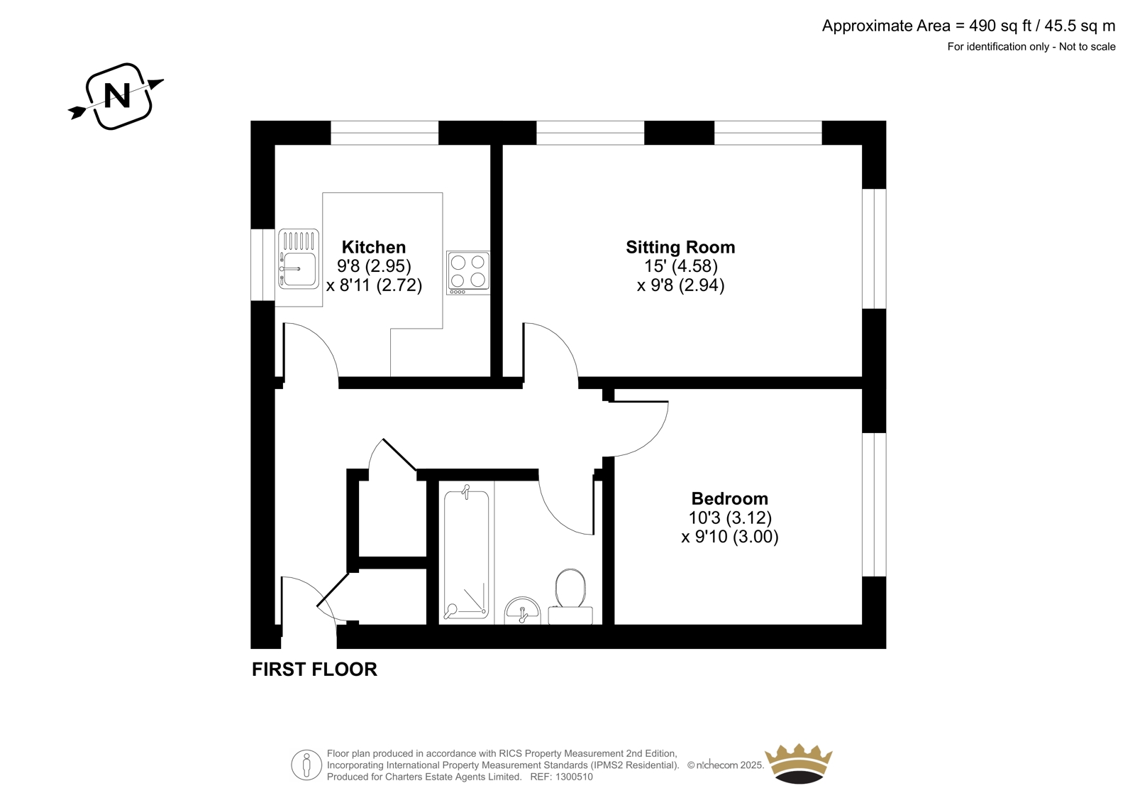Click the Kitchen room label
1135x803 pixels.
pyautogui.click(x=374, y=247)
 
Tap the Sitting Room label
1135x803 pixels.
pyautogui.click(x=680, y=247)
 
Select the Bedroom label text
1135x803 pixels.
pyautogui.click(x=730, y=498)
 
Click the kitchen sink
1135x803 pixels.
pyautogui.click(x=299, y=259)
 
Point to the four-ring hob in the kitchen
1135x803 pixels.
pyautogui.click(x=468, y=273)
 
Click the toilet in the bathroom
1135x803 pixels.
pyautogui.click(x=570, y=596)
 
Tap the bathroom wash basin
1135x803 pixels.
pyautogui.click(x=523, y=611)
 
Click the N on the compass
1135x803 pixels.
pyautogui.click(x=117, y=95)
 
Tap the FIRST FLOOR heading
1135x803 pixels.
pyautogui.click(x=315, y=670)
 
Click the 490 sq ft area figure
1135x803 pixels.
pyautogui.click(x=1000, y=26)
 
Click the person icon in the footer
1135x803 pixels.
pyautogui.click(x=306, y=765)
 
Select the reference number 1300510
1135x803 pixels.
pyautogui.click(x=574, y=777)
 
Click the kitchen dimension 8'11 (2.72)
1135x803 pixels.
pyautogui.click(x=374, y=285)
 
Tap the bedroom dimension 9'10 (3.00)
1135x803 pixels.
pyautogui.click(x=730, y=537)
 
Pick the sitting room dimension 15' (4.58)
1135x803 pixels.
pyautogui.click(x=680, y=266)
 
